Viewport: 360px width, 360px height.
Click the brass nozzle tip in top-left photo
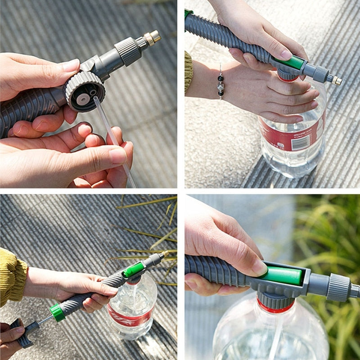click(x=153, y=37)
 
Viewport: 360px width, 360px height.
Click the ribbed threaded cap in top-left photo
click(x=84, y=90)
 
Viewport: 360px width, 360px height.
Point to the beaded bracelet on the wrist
click(x=220, y=84)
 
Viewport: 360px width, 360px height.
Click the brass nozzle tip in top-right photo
click(x=336, y=81)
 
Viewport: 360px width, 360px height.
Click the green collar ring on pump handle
click(x=57, y=312)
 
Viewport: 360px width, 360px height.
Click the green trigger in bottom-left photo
click(x=134, y=270)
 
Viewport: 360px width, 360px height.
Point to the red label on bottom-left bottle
click(x=128, y=315)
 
